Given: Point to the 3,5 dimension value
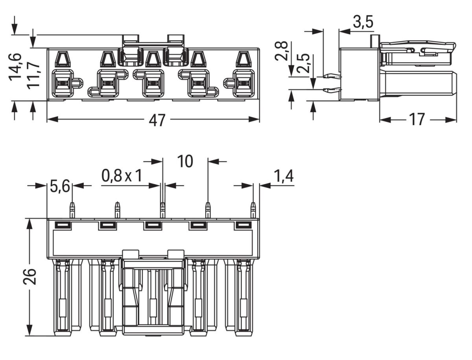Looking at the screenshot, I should pyautogui.click(x=363, y=22).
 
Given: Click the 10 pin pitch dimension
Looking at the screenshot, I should pyautogui.click(x=185, y=161).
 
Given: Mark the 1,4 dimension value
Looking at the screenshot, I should pyautogui.click(x=283, y=177).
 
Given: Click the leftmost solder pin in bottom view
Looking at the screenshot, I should pyautogui.click(x=72, y=210).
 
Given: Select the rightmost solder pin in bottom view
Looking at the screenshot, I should pyautogui.click(x=253, y=210).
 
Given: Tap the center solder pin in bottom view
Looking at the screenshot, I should pyautogui.click(x=162, y=210).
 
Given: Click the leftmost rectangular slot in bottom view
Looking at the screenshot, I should pyautogui.click(x=63, y=225).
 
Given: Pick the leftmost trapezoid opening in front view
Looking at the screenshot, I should pyautogui.click(x=62, y=59).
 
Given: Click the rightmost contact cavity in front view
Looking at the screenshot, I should pyautogui.click(x=243, y=83).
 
